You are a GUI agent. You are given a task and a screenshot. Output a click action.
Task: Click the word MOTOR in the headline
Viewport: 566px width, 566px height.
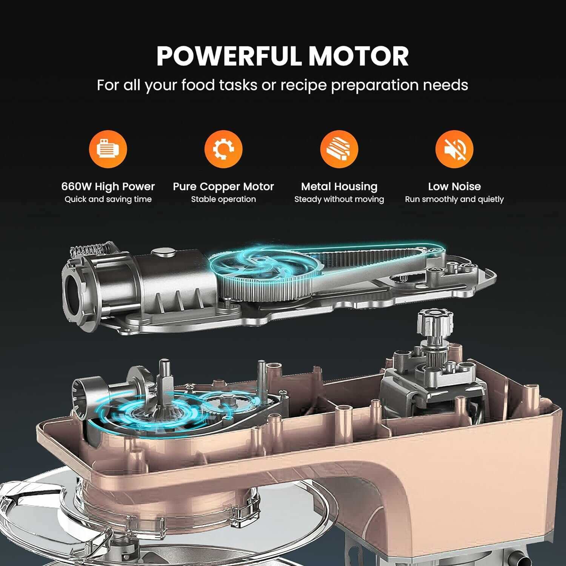click(359, 56)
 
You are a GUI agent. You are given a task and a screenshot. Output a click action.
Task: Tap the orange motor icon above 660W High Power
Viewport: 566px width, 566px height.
click(108, 149)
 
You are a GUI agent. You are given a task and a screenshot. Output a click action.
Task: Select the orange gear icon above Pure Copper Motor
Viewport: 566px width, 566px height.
click(223, 149)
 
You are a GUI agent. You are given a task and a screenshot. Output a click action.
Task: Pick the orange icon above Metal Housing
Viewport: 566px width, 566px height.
click(339, 149)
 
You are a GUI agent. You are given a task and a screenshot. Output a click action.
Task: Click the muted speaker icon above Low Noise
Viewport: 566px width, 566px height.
click(454, 149)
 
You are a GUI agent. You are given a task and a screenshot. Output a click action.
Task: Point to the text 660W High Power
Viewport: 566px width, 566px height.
click(108, 186)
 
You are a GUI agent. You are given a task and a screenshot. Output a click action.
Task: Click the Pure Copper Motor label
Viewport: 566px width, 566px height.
click(223, 186)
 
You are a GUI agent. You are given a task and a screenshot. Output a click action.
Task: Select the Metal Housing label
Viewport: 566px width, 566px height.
click(339, 186)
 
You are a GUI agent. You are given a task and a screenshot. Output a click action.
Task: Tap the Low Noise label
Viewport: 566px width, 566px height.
click(454, 186)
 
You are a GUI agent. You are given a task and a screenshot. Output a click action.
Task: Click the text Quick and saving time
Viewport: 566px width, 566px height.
click(108, 199)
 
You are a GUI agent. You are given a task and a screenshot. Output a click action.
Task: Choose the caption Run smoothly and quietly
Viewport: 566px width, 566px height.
click(454, 199)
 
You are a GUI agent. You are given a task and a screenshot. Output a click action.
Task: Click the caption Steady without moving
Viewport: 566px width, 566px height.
click(339, 199)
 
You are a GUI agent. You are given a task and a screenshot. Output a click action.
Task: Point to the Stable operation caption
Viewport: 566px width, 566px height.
click(223, 199)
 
